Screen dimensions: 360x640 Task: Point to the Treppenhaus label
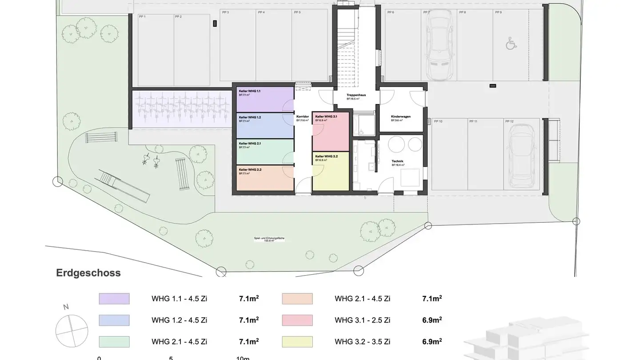(356, 95)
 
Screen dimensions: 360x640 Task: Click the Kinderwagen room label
(400, 116)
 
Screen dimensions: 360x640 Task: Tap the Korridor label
(303, 116)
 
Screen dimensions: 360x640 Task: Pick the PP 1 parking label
(142, 16)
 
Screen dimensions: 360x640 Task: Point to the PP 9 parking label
(498, 12)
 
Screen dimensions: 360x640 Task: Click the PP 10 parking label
(438, 121)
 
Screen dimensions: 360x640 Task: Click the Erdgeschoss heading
(88, 273)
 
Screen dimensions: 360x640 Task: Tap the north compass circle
(72, 331)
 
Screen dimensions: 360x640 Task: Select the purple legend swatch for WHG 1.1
(114, 299)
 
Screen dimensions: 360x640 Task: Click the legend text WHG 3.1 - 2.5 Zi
(363, 320)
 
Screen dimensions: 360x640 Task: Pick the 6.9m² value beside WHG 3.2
(432, 341)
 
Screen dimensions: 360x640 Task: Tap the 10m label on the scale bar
(243, 358)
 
